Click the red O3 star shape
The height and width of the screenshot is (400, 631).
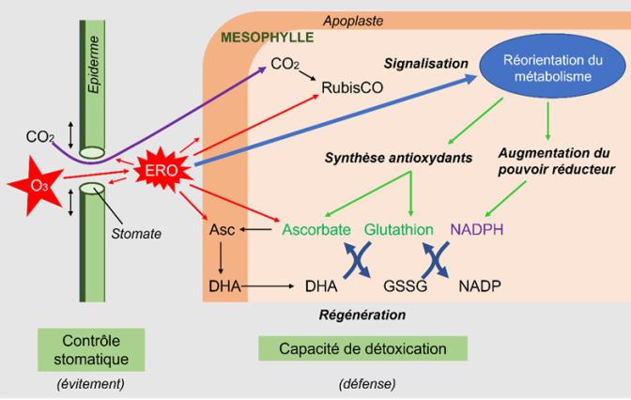click(34, 185)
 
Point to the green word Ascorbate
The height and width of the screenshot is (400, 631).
click(316, 229)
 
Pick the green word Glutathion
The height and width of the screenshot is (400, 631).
click(398, 229)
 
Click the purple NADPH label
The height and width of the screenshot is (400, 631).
click(477, 229)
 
